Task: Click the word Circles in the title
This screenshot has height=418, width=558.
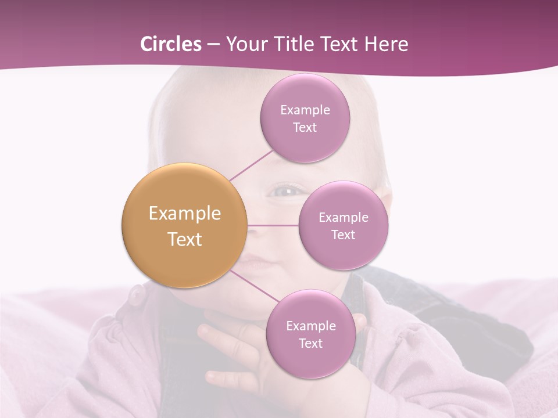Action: pos(170,44)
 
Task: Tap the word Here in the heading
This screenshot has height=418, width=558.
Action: pos(386,44)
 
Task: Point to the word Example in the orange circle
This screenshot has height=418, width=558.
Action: pos(185,214)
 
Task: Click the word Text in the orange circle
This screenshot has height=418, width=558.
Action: pos(185,239)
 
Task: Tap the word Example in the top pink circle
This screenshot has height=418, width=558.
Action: pos(305,110)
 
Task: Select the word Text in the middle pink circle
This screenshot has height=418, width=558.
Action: pos(343,235)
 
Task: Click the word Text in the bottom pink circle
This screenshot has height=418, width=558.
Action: pos(310,343)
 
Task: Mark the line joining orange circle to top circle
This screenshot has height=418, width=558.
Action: pos(251,165)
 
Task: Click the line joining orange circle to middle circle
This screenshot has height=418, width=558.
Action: pos(273,225)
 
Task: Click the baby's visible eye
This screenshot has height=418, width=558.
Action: pos(285,190)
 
